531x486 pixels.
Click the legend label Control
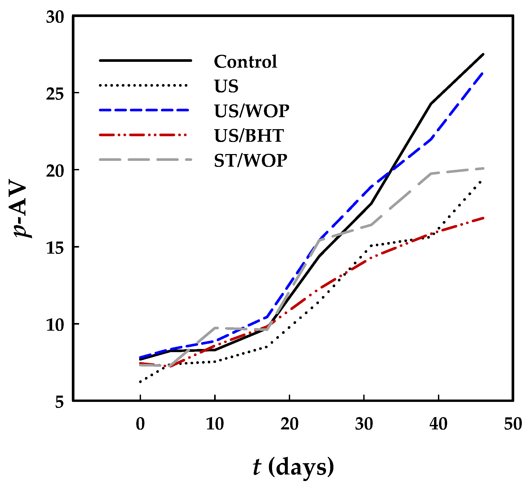coord(246,62)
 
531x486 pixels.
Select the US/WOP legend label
coord(252,111)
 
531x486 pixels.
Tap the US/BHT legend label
coord(249,136)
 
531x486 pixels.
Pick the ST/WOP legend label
coord(251,161)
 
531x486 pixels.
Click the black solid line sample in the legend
coord(145,61)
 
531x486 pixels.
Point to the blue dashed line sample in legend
coord(144,110)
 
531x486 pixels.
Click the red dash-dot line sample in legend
coord(143,135)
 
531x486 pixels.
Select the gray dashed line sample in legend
coord(145,160)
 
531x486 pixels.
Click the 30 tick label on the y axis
coord(55,18)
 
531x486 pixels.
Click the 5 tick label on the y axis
coord(59,402)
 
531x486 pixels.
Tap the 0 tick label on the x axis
coord(140,424)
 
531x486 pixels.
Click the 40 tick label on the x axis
coord(438,424)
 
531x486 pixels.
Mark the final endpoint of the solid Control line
coord(483,54)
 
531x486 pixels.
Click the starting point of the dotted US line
coord(140,382)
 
